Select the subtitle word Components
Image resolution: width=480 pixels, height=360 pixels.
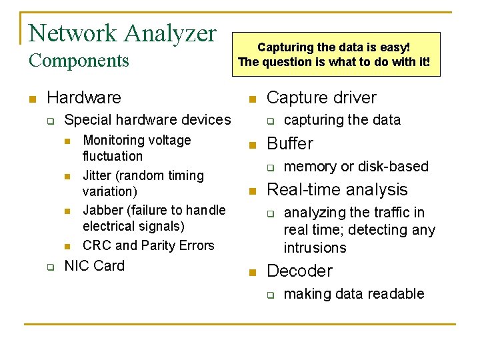point(79,61)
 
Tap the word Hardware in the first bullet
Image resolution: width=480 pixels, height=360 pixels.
point(84,98)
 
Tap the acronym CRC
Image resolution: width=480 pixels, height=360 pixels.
point(97,246)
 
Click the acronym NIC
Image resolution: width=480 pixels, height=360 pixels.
point(77,266)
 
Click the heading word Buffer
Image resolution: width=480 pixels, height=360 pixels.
point(289,144)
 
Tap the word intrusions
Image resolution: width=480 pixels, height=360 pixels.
point(315,248)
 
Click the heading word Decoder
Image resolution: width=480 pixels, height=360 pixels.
point(299,271)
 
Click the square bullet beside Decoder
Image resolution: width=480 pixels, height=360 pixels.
point(252,272)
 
